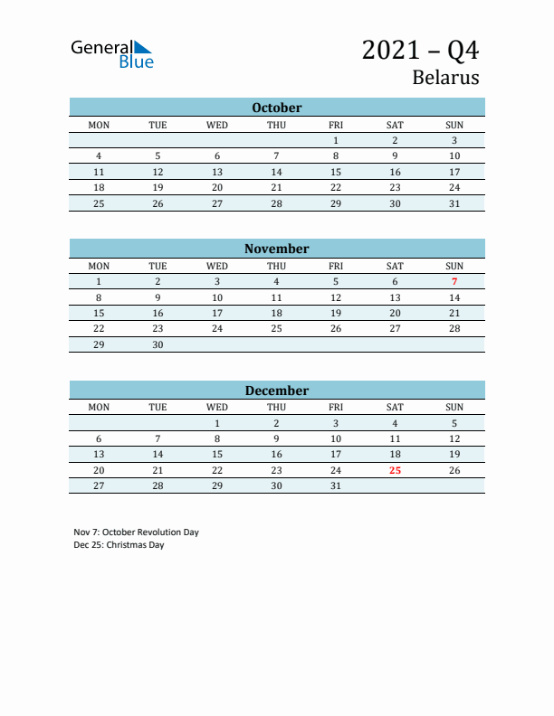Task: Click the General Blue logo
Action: [x=112, y=53]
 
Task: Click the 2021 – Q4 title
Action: [x=420, y=50]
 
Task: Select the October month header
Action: [x=276, y=108]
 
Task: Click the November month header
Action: [x=276, y=249]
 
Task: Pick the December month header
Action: [x=276, y=391]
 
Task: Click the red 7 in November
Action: [x=454, y=281]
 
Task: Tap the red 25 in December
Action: [x=395, y=470]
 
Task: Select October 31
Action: [x=454, y=203]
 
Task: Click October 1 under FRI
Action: [x=336, y=140]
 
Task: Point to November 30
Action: [x=158, y=344]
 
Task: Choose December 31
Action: [x=336, y=485]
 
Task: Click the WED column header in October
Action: [x=217, y=125]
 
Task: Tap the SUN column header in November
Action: [x=454, y=266]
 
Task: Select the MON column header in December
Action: [x=99, y=407]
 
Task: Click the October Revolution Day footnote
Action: [x=136, y=532]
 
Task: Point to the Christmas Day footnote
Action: [x=119, y=545]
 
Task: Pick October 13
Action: [x=217, y=172]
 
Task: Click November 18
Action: [x=276, y=313]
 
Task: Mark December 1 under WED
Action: [x=217, y=423]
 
